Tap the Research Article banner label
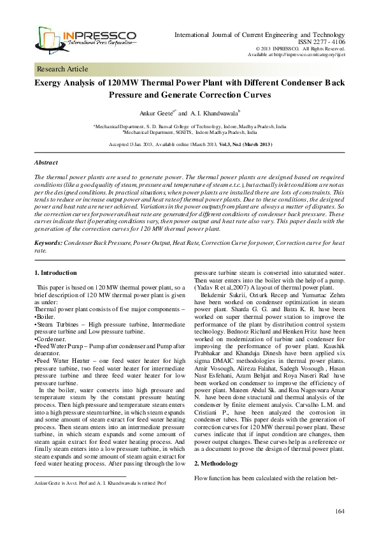point(62,69)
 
